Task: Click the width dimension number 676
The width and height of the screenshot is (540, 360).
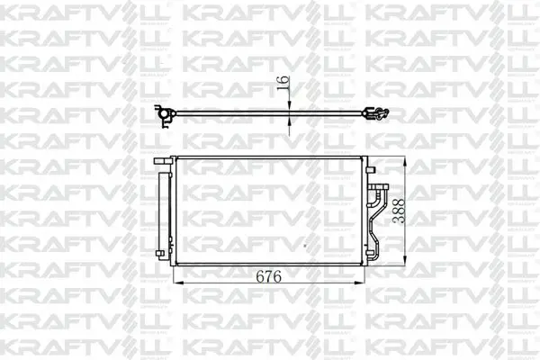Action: (x=268, y=276)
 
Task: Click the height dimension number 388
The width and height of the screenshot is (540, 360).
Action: (x=399, y=211)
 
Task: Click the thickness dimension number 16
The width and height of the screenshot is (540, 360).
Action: (x=283, y=83)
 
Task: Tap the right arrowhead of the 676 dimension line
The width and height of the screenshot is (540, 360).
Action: (x=359, y=283)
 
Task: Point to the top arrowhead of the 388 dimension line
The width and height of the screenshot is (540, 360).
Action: (x=405, y=161)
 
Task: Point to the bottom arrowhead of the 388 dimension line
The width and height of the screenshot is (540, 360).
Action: (x=405, y=260)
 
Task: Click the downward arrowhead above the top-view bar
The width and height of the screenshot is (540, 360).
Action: (x=289, y=105)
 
